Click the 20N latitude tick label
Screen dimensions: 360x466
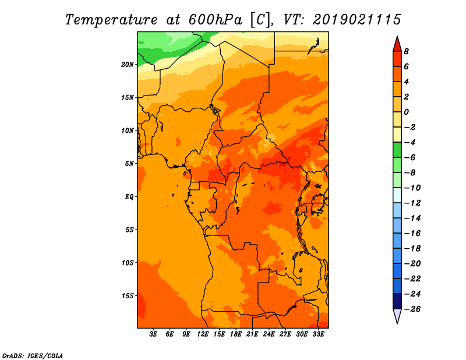[x=128, y=64]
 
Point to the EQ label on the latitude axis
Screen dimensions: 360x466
[x=129, y=196]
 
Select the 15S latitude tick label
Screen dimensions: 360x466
[x=128, y=295]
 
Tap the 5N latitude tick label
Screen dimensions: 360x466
[x=129, y=163]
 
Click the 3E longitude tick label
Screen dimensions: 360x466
[x=154, y=334]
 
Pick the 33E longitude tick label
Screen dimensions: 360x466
[x=318, y=334]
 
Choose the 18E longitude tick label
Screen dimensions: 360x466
[x=236, y=334]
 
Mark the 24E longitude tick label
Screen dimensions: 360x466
[x=269, y=334]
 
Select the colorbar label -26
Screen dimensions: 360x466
[x=411, y=309]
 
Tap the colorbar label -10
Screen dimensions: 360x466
[x=411, y=188]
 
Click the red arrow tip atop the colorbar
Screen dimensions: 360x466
[x=397, y=43]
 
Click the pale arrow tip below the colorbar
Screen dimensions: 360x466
[x=397, y=317]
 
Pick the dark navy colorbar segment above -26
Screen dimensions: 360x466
[x=397, y=301]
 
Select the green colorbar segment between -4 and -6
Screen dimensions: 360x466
[x=397, y=150]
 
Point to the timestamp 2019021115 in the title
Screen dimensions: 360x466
[x=356, y=19]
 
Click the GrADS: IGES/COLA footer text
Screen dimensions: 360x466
[x=32, y=355]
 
